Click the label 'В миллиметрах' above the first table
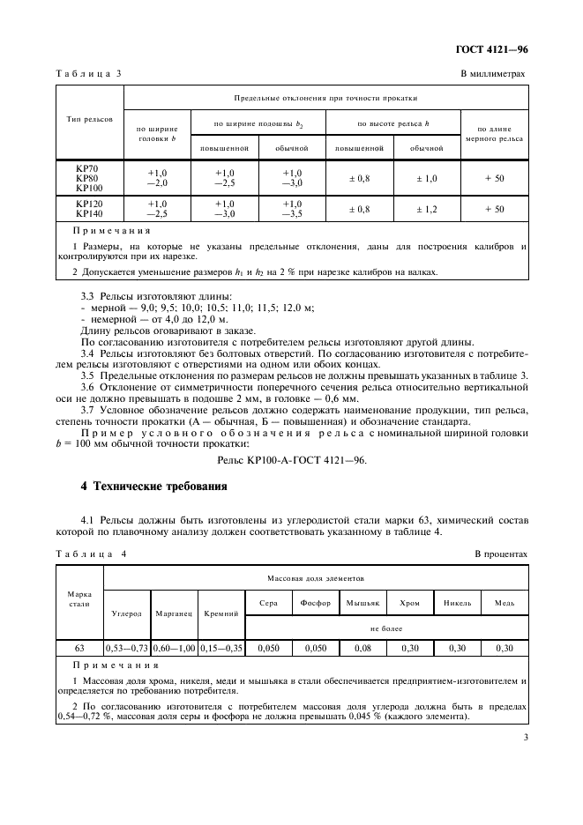[494, 75]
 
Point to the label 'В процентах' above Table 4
[500, 554]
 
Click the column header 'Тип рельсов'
[88, 118]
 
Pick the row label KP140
[89, 213]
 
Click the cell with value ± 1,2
[426, 209]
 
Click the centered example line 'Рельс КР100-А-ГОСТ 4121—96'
[291, 460]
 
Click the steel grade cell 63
[79, 648]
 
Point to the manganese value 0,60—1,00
[175, 648]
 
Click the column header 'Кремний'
[221, 613]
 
